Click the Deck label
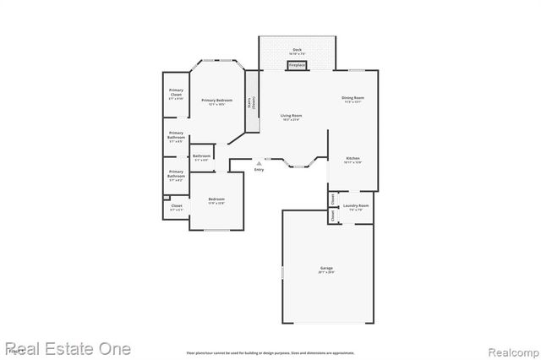[x=297, y=50]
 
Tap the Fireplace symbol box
[x=297, y=65]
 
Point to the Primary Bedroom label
[x=217, y=101]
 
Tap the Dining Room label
[x=352, y=99]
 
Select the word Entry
[x=259, y=170]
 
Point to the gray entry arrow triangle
[x=259, y=163]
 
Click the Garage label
[x=326, y=269]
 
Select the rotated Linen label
[x=334, y=199]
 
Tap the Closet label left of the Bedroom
[x=176, y=206]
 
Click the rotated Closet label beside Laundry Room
[x=334, y=215]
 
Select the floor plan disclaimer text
[x=270, y=352]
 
